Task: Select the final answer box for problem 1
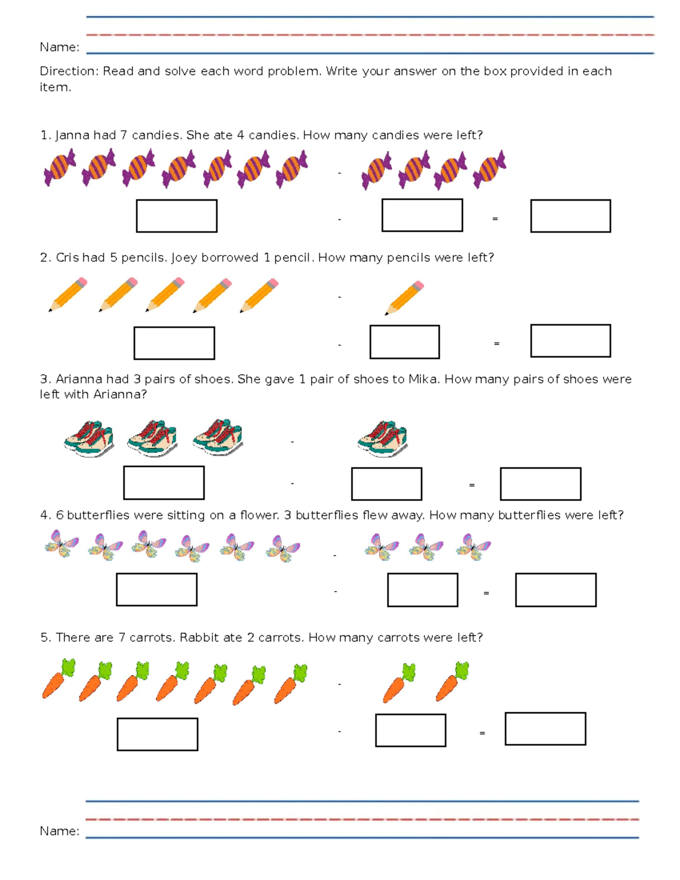pyautogui.click(x=570, y=216)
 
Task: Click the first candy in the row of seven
pyautogui.click(x=59, y=167)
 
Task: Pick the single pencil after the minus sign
pyautogui.click(x=405, y=297)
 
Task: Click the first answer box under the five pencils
pyautogui.click(x=174, y=343)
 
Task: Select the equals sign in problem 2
pyautogui.click(x=496, y=343)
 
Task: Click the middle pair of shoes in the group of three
pyautogui.click(x=152, y=439)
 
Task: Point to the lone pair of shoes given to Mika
pyautogui.click(x=382, y=439)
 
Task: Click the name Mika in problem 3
pyautogui.click(x=423, y=379)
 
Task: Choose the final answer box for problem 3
pyautogui.click(x=540, y=484)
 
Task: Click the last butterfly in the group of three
pyautogui.click(x=473, y=547)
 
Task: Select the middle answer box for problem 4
pyautogui.click(x=422, y=590)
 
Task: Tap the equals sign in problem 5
pyautogui.click(x=482, y=733)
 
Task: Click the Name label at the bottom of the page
pyautogui.click(x=59, y=831)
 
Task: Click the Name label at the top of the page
pyautogui.click(x=59, y=47)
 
